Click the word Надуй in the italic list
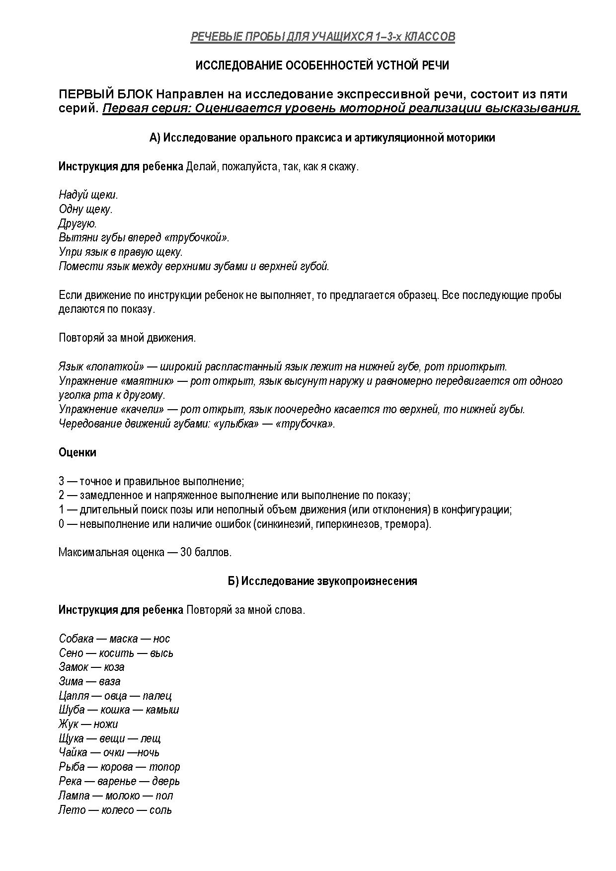[72, 195]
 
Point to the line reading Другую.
[77, 223]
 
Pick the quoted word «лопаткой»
[115, 367]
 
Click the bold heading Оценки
[77, 452]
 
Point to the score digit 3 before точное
[62, 481]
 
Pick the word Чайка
[73, 753]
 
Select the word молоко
[122, 796]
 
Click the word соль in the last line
[160, 810]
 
